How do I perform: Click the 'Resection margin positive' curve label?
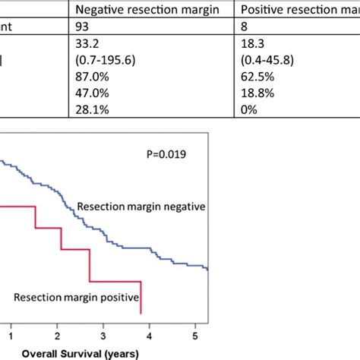point(75,298)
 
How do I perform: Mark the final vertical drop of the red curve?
point(142,298)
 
